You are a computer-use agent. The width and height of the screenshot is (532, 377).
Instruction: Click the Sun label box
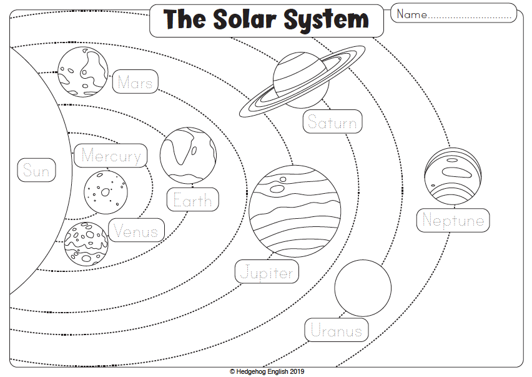36,170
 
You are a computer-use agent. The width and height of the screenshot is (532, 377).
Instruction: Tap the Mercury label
111,156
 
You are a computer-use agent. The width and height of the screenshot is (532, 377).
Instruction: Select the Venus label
136,231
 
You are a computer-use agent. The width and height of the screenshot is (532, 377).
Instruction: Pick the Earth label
192,200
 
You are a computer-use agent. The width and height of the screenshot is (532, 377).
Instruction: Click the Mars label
135,82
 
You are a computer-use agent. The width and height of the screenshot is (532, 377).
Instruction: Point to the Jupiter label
267,273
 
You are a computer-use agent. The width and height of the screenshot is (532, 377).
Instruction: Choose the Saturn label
332,123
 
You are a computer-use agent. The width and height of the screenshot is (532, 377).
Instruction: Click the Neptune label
453,220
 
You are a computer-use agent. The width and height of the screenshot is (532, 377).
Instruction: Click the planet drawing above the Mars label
82,69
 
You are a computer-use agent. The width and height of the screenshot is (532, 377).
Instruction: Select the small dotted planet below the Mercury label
106,192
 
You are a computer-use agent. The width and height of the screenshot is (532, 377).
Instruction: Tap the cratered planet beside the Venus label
86,243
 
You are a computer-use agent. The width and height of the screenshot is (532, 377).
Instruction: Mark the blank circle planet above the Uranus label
363,288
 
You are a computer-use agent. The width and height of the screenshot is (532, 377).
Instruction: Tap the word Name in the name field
411,14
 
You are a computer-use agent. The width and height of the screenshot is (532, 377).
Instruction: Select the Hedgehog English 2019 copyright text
267,371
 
